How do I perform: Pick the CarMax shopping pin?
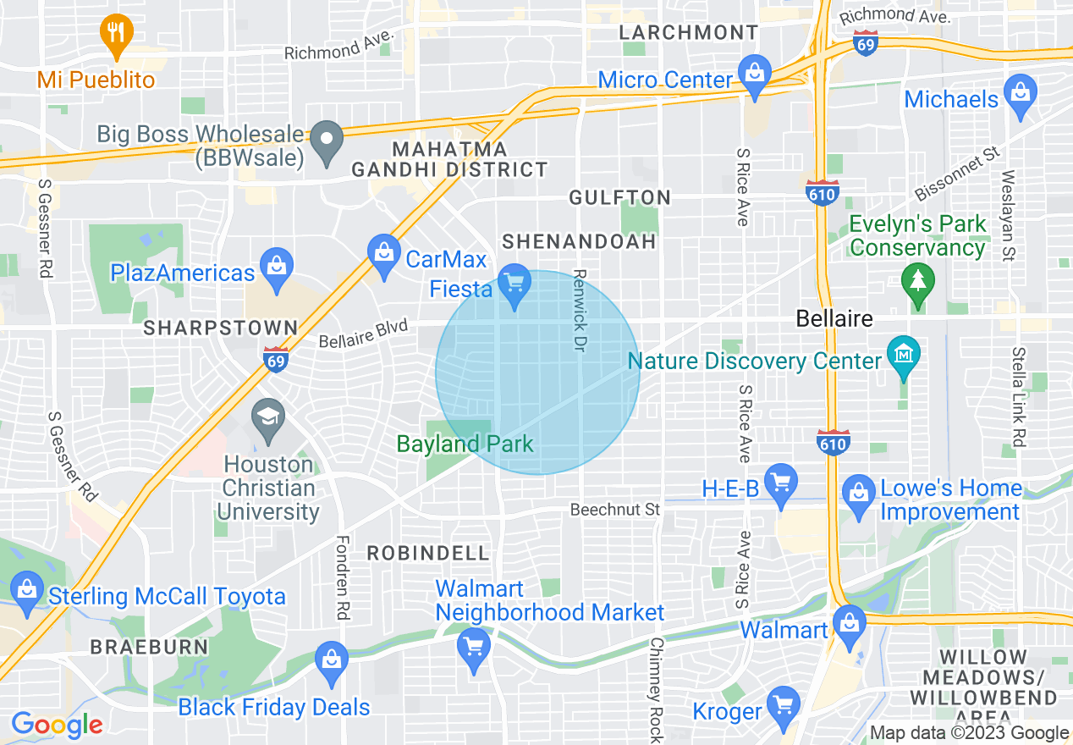click(x=385, y=253)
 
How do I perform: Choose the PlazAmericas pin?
click(x=276, y=267)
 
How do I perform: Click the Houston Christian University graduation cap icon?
click(x=268, y=418)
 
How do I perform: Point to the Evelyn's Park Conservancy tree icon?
click(x=917, y=280)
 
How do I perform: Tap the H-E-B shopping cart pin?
click(x=780, y=483)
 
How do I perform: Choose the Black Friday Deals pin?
click(x=330, y=661)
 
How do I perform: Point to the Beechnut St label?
click(x=614, y=510)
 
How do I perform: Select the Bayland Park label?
click(x=465, y=444)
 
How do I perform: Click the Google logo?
click(x=57, y=726)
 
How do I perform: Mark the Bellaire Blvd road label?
click(x=363, y=334)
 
